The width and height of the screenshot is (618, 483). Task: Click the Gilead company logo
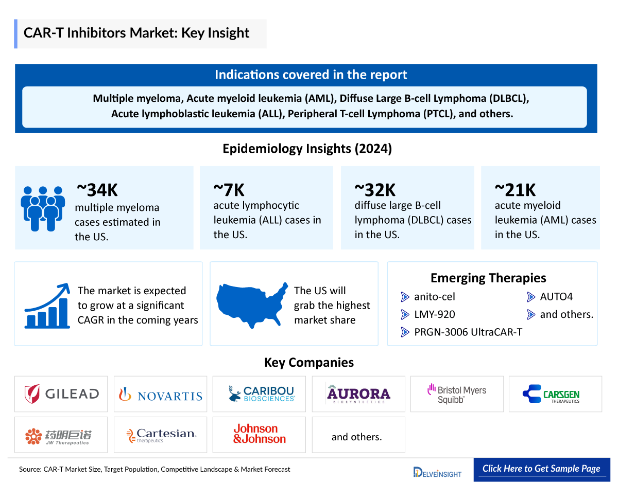pos(61,394)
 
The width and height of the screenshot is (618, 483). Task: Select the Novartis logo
pos(160,395)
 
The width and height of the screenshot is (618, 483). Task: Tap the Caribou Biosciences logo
pos(262,394)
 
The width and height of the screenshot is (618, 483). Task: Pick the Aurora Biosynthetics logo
pos(358,394)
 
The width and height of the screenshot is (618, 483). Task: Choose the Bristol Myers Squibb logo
pos(457,394)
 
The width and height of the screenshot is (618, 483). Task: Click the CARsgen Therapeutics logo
pos(555,394)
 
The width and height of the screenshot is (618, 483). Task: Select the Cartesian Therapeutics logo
pos(161,435)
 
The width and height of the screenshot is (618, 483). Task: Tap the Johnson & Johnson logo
pos(259,434)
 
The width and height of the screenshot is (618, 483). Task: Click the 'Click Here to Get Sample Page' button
pos(541,469)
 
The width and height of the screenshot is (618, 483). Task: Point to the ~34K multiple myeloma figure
pos(97,190)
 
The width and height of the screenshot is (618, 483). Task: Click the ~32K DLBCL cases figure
pos(375,190)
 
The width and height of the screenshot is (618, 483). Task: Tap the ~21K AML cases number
pos(515,190)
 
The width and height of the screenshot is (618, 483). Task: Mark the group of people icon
pos(43,208)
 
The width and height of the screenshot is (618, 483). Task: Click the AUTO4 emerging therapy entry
pos(556,297)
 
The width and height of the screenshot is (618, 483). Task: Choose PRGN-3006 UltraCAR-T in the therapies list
pos(468,332)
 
